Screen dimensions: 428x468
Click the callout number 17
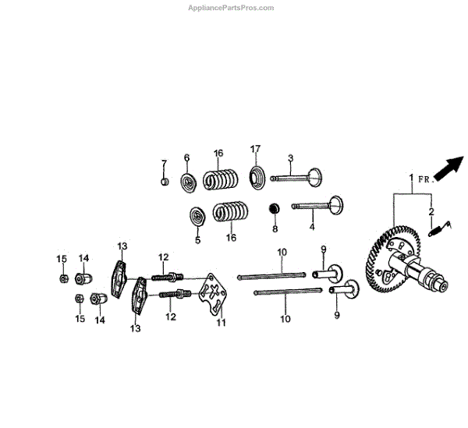click(254, 149)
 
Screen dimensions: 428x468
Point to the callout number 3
click(290, 158)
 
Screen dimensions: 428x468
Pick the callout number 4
click(312, 227)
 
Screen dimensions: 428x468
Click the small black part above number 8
click(275, 208)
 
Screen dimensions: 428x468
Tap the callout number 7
click(164, 163)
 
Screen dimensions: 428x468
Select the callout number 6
click(187, 158)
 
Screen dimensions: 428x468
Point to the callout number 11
click(221, 322)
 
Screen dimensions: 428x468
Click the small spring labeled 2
click(438, 227)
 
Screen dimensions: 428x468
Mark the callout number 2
click(430, 211)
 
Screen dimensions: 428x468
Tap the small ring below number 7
click(164, 182)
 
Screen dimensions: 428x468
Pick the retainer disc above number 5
click(198, 215)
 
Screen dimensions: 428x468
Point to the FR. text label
click(424, 179)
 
